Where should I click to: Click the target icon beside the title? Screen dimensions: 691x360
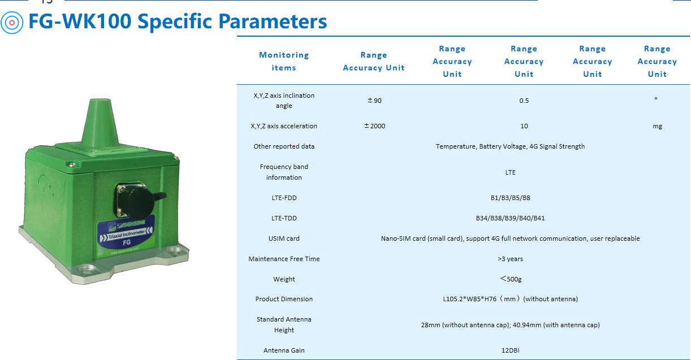point(12,23)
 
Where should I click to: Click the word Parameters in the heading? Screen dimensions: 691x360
point(273,21)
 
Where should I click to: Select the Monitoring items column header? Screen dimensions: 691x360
point(284,62)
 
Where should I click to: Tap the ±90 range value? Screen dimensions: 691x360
point(374,101)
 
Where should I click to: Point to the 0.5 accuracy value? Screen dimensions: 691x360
point(524,101)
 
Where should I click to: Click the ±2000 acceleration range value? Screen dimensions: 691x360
point(374,126)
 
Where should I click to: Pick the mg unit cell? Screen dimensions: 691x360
point(657,126)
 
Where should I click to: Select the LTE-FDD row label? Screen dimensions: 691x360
point(284,198)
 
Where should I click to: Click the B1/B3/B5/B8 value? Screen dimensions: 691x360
point(510,198)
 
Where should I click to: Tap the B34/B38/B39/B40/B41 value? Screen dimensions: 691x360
point(510,218)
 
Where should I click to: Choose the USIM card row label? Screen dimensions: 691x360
point(284,238)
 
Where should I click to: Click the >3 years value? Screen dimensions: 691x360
point(510,259)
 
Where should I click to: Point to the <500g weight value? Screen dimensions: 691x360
point(511,279)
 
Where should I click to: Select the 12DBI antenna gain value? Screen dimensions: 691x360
point(510,350)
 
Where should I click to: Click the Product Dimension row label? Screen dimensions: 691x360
point(284,299)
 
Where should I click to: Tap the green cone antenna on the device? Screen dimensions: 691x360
point(100,123)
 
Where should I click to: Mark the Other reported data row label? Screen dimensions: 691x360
point(284,146)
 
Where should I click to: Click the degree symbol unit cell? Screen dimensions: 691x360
point(656,99)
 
